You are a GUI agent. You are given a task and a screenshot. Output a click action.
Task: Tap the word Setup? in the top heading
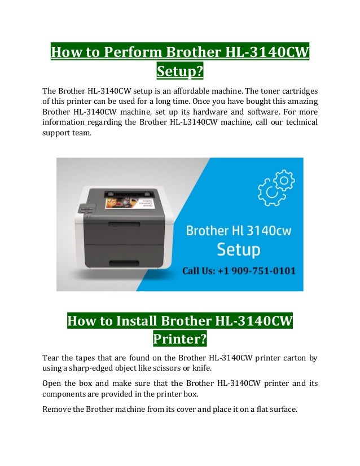[x=179, y=72]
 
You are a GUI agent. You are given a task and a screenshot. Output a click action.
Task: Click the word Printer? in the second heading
[x=179, y=340]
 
